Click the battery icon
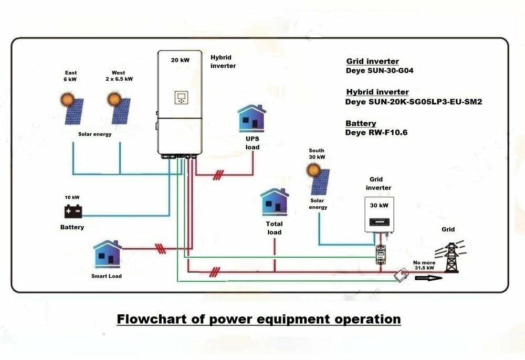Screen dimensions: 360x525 [x=73, y=211]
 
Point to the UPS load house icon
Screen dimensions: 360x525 [x=252, y=118]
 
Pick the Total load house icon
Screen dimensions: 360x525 [x=274, y=203]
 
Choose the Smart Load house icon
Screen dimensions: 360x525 [x=107, y=255]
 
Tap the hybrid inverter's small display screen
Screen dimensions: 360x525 [x=181, y=98]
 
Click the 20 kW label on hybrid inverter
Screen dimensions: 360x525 [x=180, y=60]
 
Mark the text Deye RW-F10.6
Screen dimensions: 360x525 [x=376, y=133]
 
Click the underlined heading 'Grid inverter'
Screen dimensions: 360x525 [x=373, y=61]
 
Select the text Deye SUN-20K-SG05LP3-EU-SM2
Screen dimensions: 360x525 [x=414, y=102]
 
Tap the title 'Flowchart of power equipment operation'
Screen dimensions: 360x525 [x=258, y=319]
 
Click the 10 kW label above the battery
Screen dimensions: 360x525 [x=72, y=197]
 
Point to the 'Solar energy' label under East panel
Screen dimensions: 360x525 [x=95, y=134]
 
